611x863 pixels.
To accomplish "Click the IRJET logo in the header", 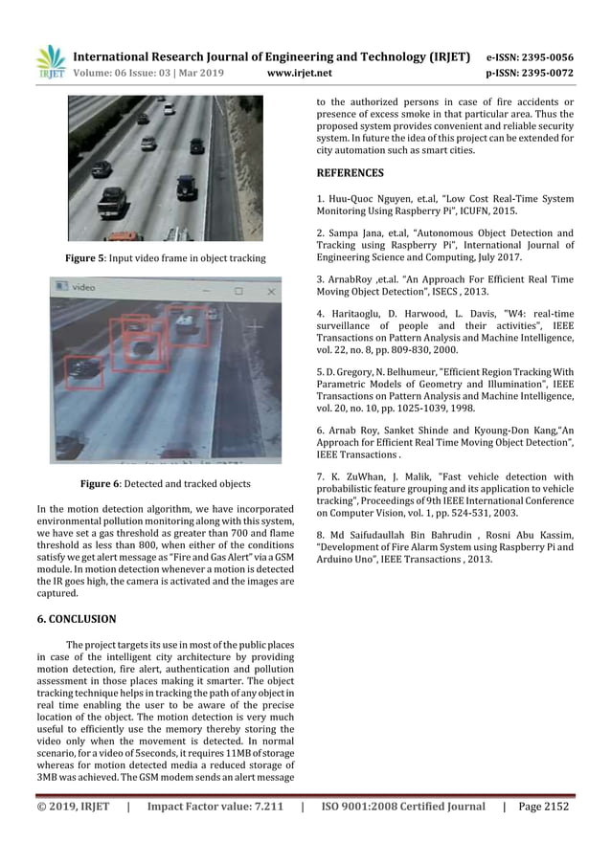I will (x=50, y=61).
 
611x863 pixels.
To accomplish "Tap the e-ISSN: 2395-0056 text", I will (x=530, y=56).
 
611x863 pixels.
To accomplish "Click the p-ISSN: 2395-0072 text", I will (x=530, y=73).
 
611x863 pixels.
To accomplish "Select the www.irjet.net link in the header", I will (x=300, y=73).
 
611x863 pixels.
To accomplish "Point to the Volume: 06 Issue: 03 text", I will (x=127, y=73).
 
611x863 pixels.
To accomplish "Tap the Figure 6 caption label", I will (x=101, y=484).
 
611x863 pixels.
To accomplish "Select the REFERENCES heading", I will (x=350, y=173).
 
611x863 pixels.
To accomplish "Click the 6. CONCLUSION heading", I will (x=77, y=619).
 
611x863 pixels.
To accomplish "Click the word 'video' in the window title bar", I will (x=84, y=286).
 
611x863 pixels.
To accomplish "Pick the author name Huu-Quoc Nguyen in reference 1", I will (x=376, y=199).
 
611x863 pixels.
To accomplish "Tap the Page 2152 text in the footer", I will (x=543, y=807).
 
